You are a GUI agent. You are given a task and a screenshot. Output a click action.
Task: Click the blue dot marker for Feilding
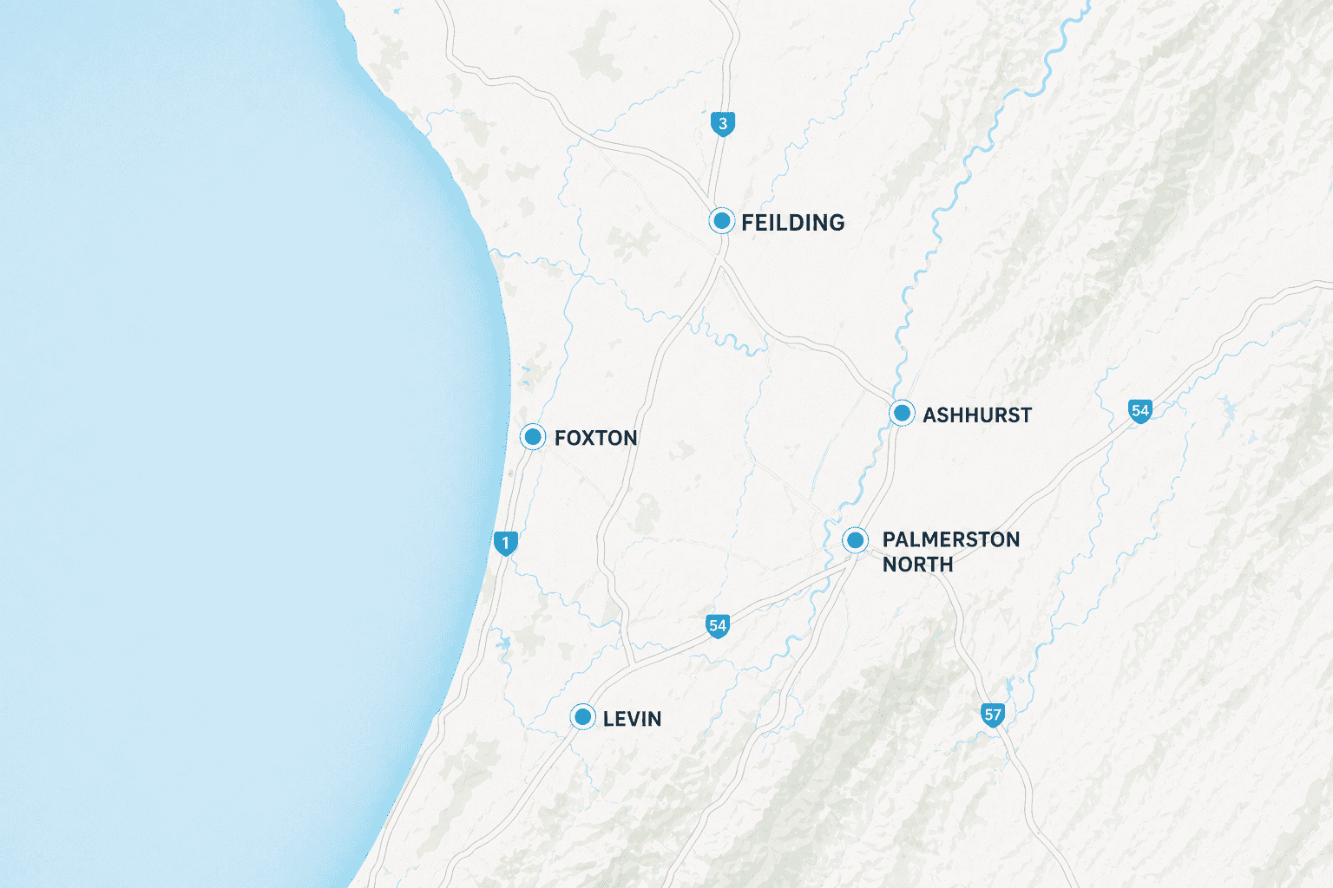coord(721,221)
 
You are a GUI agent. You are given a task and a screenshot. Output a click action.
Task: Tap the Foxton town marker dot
coord(532,437)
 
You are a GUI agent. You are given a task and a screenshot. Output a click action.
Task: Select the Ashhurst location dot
coord(902,414)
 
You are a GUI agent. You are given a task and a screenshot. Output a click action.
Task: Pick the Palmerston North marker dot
coord(855,540)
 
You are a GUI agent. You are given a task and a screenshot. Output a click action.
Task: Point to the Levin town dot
coord(582,717)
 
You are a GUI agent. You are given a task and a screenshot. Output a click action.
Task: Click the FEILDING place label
coord(792,223)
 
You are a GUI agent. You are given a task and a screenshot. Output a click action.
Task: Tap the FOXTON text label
coord(595,438)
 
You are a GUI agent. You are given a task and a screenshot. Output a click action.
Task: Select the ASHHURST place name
coord(976,415)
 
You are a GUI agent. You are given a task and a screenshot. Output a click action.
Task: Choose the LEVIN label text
coord(632,719)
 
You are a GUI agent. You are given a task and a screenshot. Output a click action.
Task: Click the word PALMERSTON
coord(950,539)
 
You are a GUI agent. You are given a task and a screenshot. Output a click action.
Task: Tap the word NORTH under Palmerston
coord(917,565)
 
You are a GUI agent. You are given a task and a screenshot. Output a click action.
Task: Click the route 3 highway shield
coord(722,124)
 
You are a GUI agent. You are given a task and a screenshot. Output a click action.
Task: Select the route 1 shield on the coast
coord(505,544)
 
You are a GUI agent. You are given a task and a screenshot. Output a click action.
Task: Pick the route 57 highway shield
coord(993,715)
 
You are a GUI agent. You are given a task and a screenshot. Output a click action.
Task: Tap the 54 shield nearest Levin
coord(717,626)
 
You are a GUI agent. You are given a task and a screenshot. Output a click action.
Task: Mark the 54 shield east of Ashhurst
coord(1139,411)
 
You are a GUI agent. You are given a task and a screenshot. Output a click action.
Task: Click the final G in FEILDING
coord(835,223)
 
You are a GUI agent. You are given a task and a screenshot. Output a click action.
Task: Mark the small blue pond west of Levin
coord(503,643)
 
